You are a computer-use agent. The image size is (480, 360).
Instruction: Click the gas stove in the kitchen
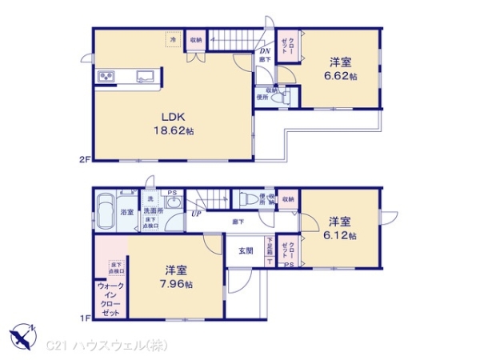106,77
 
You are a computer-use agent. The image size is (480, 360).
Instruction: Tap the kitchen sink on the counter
145,77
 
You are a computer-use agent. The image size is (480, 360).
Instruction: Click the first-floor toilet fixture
248,199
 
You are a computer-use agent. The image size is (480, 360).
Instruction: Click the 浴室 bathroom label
126,213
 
